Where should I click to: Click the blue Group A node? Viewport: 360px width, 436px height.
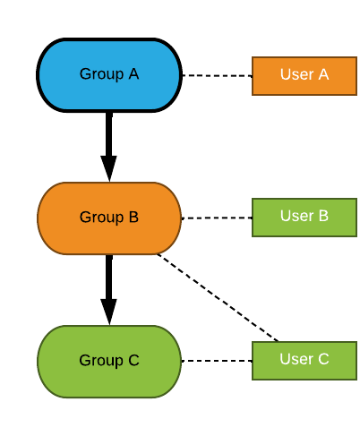click(x=109, y=75)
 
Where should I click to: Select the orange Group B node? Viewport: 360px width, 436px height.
click(x=109, y=218)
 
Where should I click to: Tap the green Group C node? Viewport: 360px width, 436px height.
click(x=109, y=362)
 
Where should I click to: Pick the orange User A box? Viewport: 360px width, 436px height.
click(x=304, y=76)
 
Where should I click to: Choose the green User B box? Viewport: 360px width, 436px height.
click(x=304, y=218)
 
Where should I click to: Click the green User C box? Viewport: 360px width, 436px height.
click(x=304, y=361)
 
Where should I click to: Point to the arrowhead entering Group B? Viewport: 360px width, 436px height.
click(x=109, y=168)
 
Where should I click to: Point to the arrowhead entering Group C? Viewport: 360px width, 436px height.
click(x=109, y=312)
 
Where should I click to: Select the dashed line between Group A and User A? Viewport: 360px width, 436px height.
click(x=218, y=75)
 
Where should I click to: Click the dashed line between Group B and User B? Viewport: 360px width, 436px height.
click(x=217, y=218)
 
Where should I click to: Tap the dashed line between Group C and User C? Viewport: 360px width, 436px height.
click(x=217, y=361)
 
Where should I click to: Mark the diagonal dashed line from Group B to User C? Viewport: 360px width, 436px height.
click(x=218, y=297)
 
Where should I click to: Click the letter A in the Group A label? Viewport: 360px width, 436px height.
click(x=134, y=73)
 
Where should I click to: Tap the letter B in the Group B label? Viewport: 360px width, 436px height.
click(x=133, y=217)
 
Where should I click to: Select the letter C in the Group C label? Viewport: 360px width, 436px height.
click(x=133, y=360)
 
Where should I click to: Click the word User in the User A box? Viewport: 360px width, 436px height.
click(x=297, y=74)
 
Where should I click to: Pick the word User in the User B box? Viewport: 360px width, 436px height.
click(x=297, y=216)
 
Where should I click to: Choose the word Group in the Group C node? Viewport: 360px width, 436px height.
click(x=101, y=361)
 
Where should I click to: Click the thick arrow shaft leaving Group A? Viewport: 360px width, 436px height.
click(x=109, y=134)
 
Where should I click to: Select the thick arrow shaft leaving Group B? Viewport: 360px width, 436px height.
click(x=109, y=277)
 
